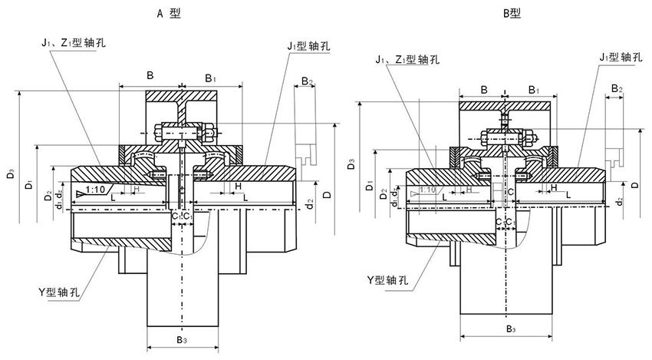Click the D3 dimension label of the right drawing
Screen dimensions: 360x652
click(x=351, y=164)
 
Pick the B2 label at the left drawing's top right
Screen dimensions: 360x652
click(x=307, y=81)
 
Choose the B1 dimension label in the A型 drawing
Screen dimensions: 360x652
click(x=211, y=78)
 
